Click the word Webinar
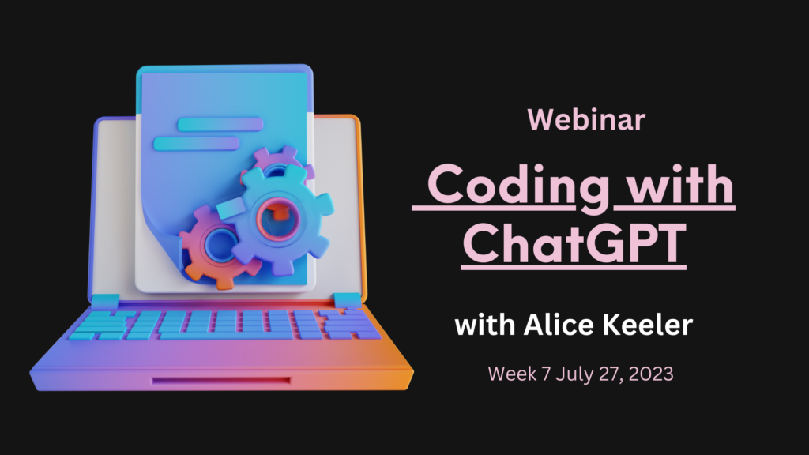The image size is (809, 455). (586, 120)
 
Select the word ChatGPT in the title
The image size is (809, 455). (574, 243)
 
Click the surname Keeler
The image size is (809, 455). (648, 325)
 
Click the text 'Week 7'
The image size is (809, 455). (519, 374)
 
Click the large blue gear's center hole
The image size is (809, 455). (278, 219)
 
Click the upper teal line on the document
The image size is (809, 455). (220, 124)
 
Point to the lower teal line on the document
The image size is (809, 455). (196, 144)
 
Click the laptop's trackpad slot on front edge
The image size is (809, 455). (221, 381)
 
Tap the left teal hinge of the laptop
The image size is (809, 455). (105, 301)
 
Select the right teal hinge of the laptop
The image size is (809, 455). (348, 300)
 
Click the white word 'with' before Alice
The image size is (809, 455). (485, 325)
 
